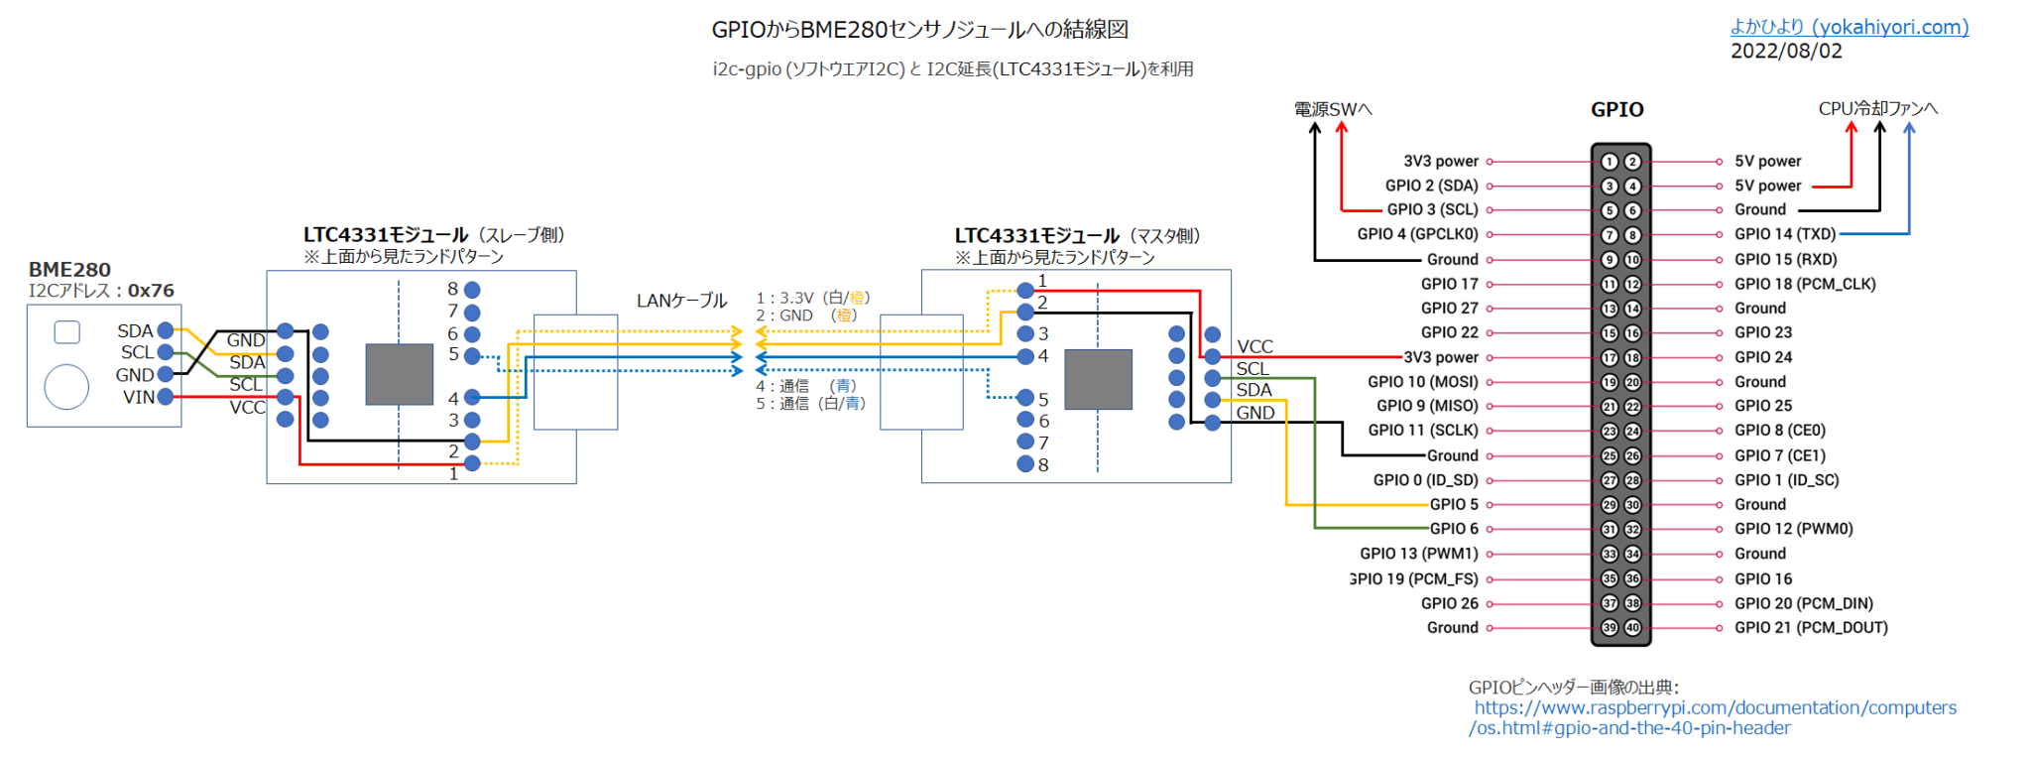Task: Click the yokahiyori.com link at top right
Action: pyautogui.click(x=1849, y=28)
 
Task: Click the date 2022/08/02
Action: pyautogui.click(x=1786, y=52)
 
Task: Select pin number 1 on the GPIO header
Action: pyautogui.click(x=1610, y=162)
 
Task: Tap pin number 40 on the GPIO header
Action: pyautogui.click(x=1632, y=627)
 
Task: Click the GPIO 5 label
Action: pyautogui.click(x=1454, y=504)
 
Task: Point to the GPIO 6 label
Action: pyautogui.click(x=1454, y=529)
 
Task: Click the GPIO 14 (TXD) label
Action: pyautogui.click(x=1784, y=234)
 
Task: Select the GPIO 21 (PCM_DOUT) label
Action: pyautogui.click(x=1810, y=627)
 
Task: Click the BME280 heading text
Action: pyautogui.click(x=69, y=270)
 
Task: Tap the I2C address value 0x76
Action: pyautogui.click(x=151, y=291)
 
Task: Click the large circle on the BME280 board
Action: pyautogui.click(x=66, y=387)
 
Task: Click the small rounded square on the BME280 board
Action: pyautogui.click(x=66, y=331)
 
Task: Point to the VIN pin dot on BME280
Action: pyautogui.click(x=166, y=397)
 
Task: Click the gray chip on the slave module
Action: pyautogui.click(x=399, y=374)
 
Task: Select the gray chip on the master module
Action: pyautogui.click(x=1098, y=379)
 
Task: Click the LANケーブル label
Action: pyautogui.click(x=681, y=300)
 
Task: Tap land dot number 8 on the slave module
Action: pyautogui.click(x=472, y=290)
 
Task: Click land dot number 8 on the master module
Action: pyautogui.click(x=1025, y=464)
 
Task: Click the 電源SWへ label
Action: pyautogui.click(x=1332, y=109)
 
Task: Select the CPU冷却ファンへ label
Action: pyautogui.click(x=1877, y=108)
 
